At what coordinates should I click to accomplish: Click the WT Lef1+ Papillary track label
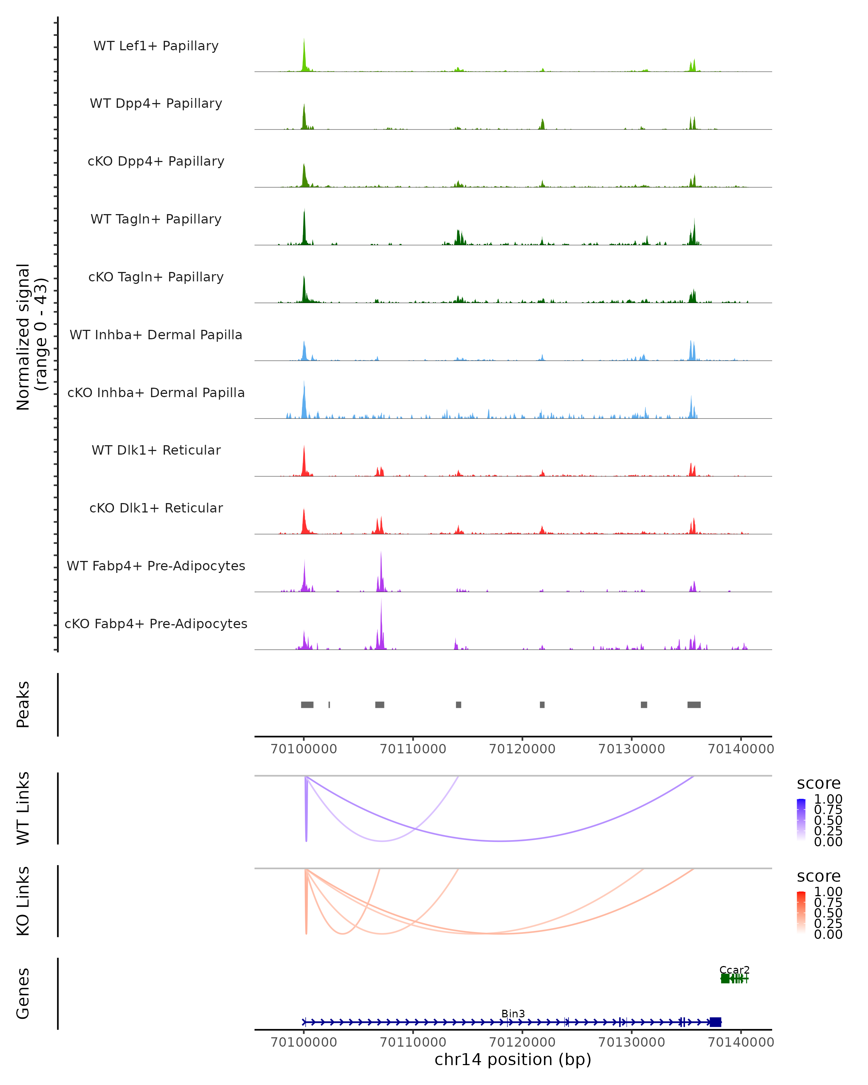tap(156, 46)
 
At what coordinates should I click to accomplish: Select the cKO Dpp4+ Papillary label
tap(156, 161)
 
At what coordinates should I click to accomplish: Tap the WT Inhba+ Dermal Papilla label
tap(156, 335)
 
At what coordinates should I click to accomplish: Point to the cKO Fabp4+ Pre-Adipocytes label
tap(156, 624)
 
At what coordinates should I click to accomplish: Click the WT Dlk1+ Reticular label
tap(156, 450)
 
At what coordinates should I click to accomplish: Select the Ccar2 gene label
tap(734, 970)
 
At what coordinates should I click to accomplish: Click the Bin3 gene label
tap(513, 1013)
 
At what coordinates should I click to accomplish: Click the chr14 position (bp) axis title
tap(513, 1059)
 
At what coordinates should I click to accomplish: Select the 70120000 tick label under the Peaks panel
tap(522, 749)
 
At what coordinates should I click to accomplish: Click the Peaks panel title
tap(23, 705)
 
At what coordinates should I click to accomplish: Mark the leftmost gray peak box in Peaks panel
tap(307, 705)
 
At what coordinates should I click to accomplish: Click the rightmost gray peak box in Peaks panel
tap(694, 705)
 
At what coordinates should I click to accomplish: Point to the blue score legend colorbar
tap(801, 819)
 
